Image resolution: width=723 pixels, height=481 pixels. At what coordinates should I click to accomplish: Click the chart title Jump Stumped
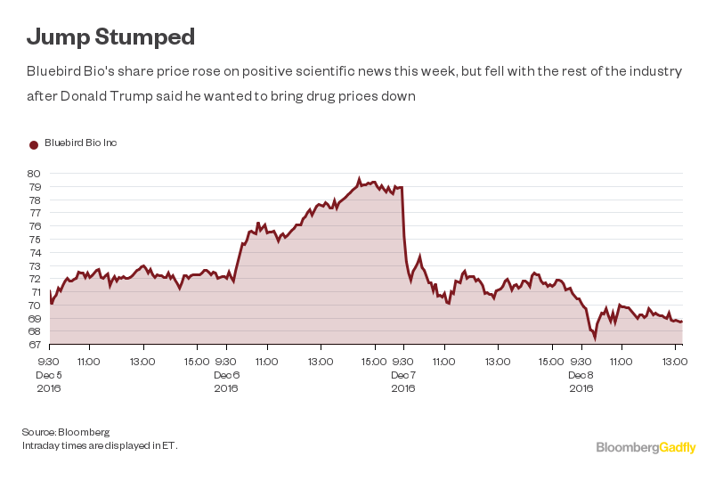110,37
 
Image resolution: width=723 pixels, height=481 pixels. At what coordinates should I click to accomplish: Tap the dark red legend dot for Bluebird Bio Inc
34,144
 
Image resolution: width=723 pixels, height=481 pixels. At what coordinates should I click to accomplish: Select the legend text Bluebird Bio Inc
81,143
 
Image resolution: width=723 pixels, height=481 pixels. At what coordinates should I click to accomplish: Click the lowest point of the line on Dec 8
595,338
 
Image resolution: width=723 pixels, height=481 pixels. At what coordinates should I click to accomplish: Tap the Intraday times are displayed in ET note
100,444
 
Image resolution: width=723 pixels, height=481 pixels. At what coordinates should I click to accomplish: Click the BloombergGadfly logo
646,447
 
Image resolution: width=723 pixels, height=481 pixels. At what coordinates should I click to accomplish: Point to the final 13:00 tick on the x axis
676,362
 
